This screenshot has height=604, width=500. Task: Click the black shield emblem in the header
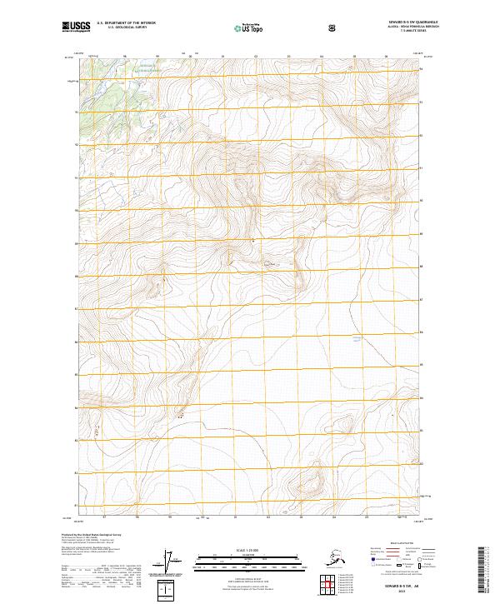tap(332, 27)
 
